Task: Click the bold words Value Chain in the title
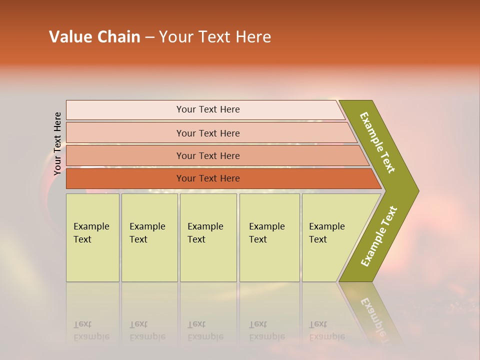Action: pos(94,37)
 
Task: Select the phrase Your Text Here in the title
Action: pos(215,37)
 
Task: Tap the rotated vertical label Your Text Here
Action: pos(57,143)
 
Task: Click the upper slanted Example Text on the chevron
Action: pos(377,142)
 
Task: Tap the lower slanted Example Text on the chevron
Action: pos(379,236)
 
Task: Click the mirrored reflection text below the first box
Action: pos(91,330)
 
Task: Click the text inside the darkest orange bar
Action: pos(208,178)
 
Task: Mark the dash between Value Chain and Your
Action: pos(149,37)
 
